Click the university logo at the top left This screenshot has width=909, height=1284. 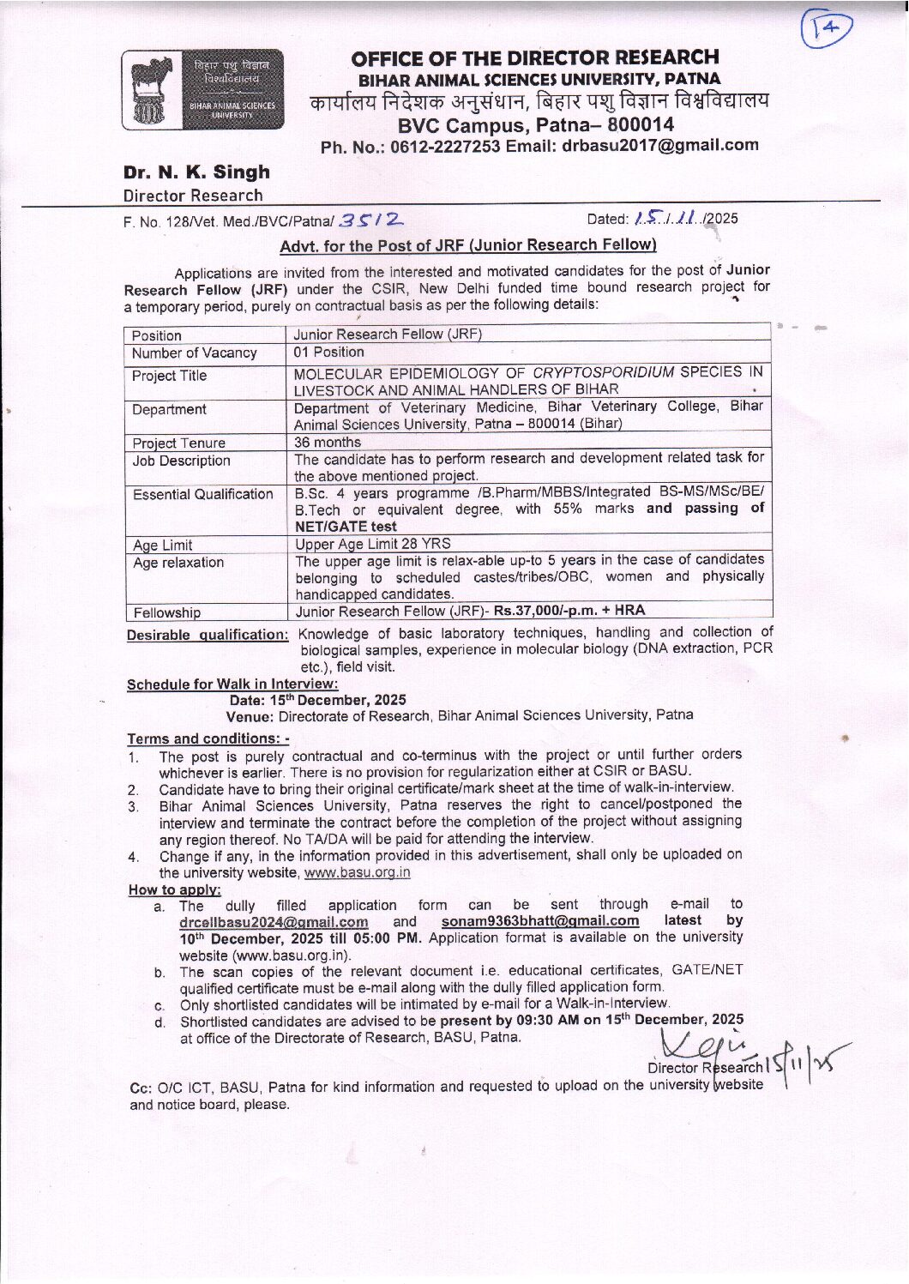click(202, 90)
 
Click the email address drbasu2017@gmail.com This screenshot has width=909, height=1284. click(659, 145)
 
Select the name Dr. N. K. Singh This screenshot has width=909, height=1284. click(196, 172)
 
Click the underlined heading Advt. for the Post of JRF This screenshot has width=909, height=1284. click(468, 245)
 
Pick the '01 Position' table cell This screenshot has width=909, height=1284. click(328, 352)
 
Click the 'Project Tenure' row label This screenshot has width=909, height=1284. click(178, 443)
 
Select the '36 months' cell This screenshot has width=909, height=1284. click(328, 442)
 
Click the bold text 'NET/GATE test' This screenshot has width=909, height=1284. click(346, 526)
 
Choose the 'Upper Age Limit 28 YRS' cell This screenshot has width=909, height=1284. click(373, 543)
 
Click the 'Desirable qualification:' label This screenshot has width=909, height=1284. click(208, 635)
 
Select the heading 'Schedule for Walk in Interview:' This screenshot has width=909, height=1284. click(232, 684)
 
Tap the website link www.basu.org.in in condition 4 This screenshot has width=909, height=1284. click(357, 872)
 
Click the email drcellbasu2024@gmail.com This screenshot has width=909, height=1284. click(274, 921)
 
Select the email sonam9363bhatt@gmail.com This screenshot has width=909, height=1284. click(540, 920)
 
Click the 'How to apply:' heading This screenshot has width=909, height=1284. click(174, 889)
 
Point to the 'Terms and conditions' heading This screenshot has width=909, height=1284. click(208, 738)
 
